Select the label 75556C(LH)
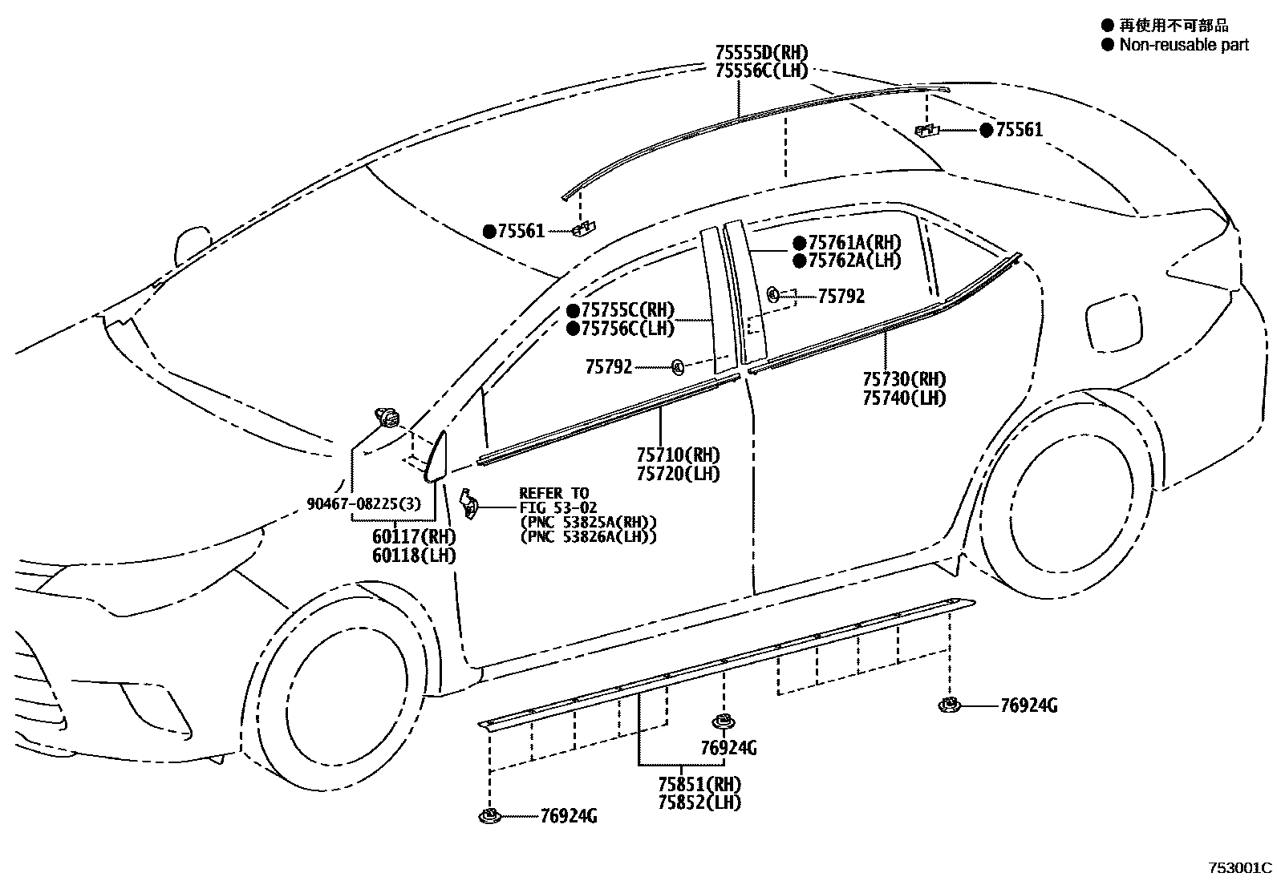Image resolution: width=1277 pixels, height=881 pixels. (x=761, y=71)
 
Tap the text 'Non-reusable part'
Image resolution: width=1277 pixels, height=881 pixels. (x=1184, y=45)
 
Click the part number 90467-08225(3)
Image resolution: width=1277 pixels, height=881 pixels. (x=363, y=503)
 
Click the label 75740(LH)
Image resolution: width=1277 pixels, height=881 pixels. (x=904, y=398)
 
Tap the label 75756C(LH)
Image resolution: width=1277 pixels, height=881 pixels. (x=627, y=328)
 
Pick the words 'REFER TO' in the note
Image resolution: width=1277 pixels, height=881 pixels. (x=553, y=493)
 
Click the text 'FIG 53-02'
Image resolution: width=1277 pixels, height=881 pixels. (x=558, y=507)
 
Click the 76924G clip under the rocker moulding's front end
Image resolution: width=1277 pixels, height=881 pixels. (x=489, y=816)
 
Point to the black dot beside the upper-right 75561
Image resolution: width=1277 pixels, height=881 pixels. (x=986, y=130)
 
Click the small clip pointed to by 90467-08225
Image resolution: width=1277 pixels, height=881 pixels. (x=388, y=418)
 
